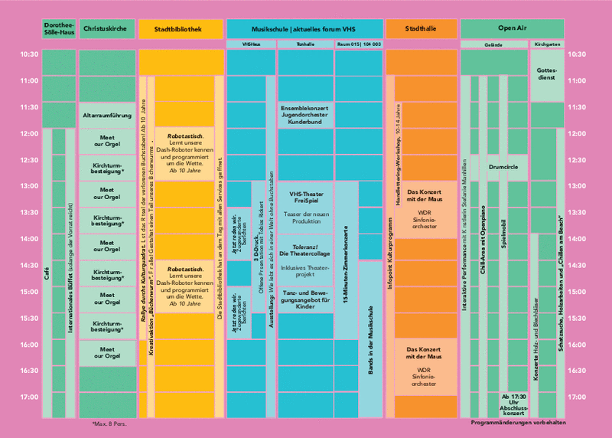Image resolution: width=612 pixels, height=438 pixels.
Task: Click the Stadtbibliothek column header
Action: tap(182, 28)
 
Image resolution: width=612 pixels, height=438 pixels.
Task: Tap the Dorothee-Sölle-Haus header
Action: tap(58, 28)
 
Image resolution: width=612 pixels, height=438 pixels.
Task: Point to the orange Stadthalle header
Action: tap(419, 28)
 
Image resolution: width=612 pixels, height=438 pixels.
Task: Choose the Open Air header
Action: tap(512, 28)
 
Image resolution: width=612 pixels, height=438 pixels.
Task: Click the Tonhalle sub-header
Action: tap(305, 44)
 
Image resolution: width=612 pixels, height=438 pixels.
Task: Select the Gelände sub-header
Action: tap(493, 44)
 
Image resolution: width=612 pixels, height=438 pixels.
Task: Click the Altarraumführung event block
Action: tap(108, 116)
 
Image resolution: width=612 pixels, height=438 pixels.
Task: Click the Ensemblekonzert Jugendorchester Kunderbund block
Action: tap(305, 116)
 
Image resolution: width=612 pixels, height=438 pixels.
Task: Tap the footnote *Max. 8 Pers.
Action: tap(107, 423)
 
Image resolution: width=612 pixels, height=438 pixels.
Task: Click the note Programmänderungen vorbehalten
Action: tap(518, 423)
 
